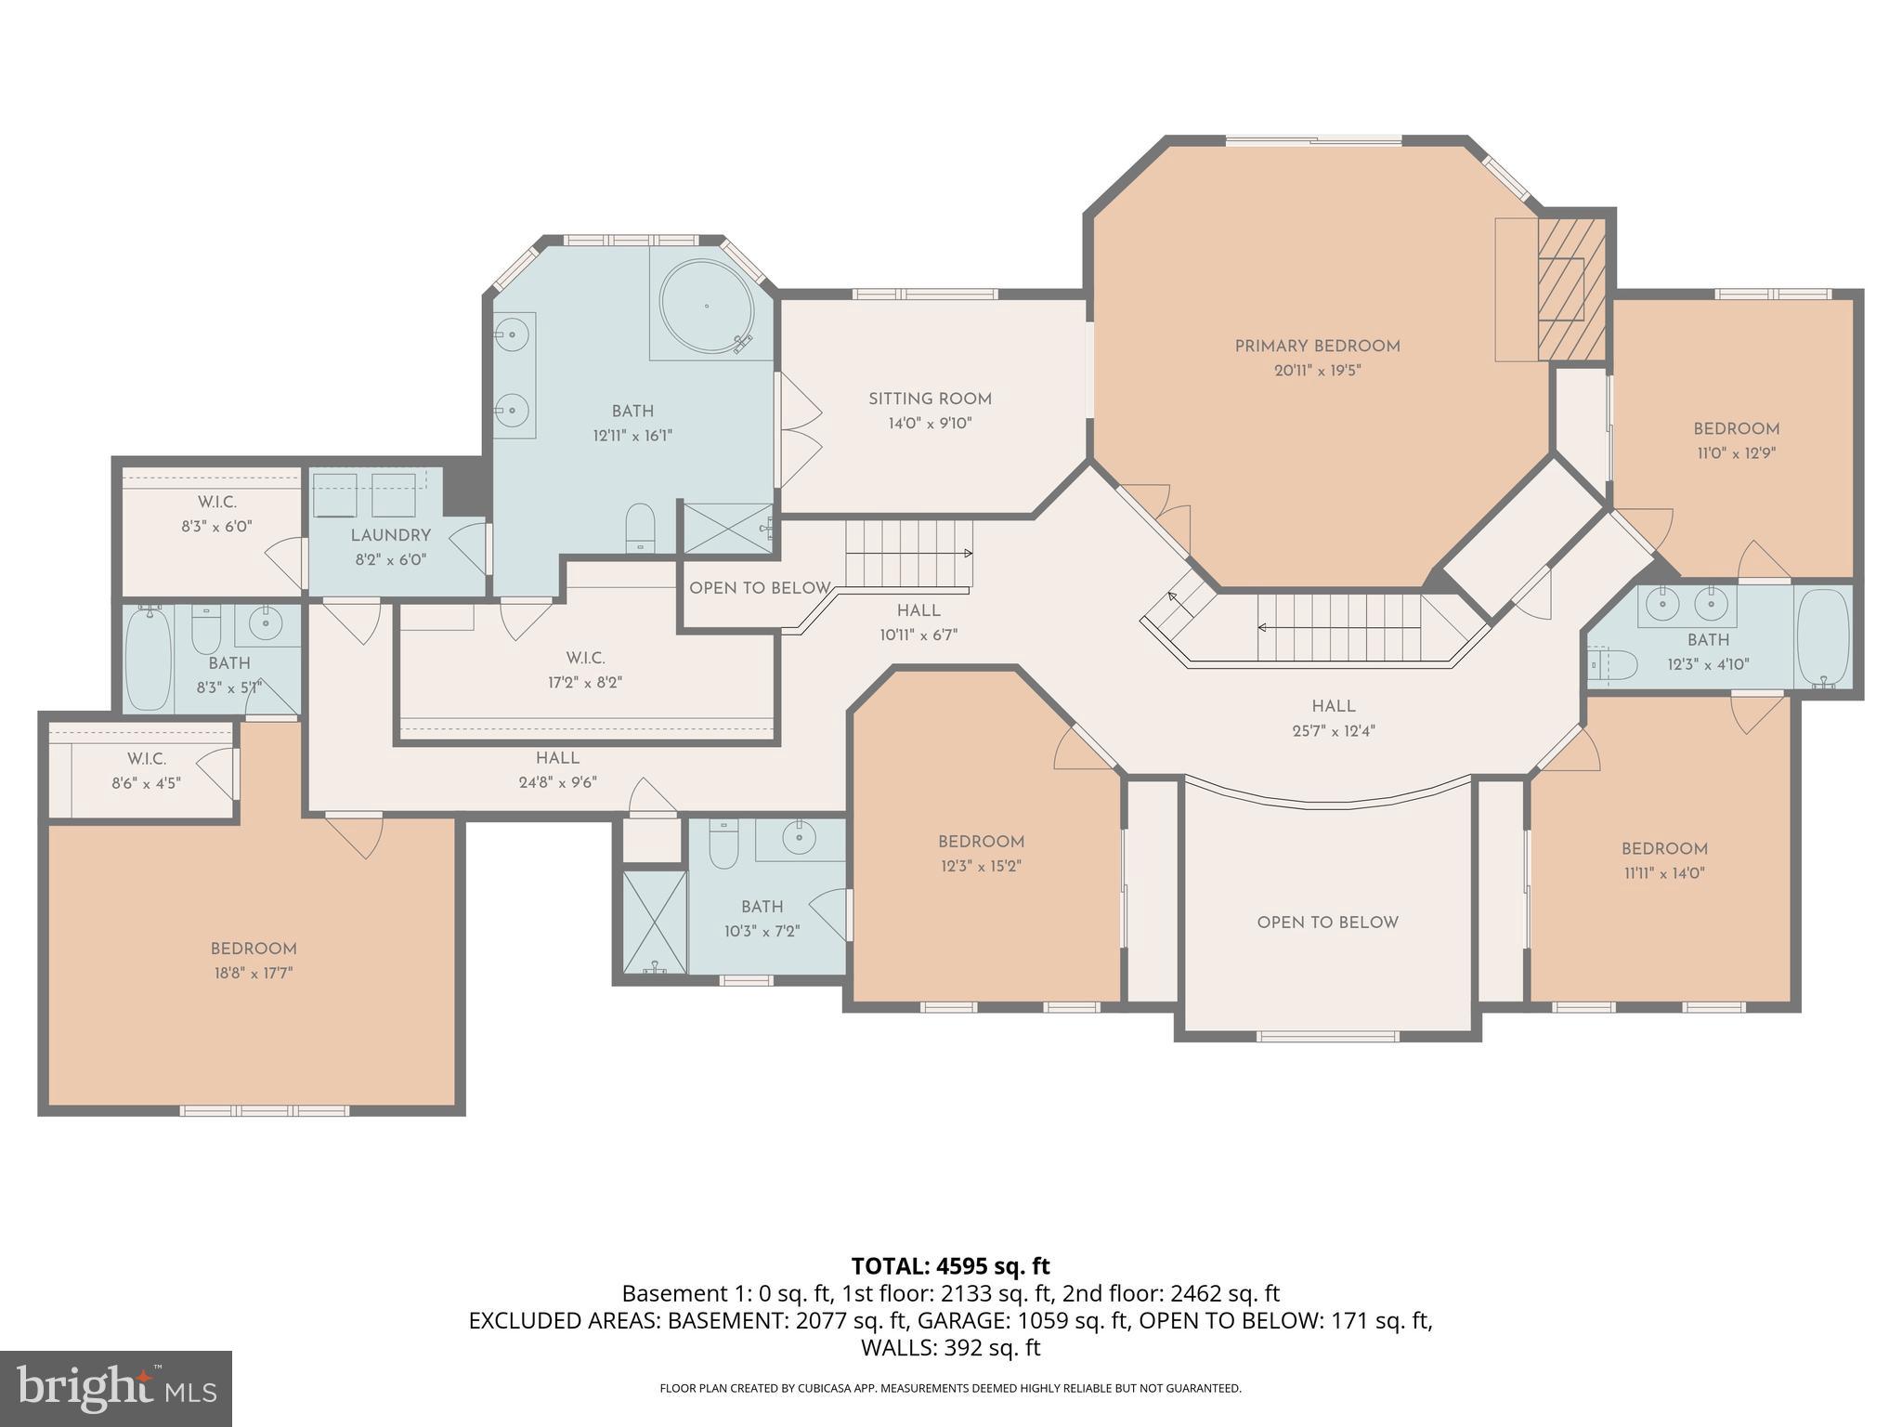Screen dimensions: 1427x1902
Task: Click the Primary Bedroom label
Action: pos(1317,347)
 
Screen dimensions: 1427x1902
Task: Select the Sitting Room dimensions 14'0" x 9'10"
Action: pos(930,424)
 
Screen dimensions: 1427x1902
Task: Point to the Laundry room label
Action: pos(390,536)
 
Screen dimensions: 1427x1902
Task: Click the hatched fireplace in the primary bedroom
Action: pos(1571,289)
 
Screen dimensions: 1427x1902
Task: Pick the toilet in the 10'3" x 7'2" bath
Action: pos(723,844)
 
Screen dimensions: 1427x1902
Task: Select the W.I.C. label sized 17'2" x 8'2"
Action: pos(585,659)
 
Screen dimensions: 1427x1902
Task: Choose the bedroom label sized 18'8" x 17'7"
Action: pos(253,949)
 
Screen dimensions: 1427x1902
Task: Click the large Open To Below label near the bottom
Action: pos(1327,923)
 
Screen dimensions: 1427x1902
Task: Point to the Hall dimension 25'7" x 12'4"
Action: pos(1333,731)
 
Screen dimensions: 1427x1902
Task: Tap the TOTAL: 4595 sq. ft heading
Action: pos(950,1266)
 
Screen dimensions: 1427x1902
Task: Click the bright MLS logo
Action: pos(116,1388)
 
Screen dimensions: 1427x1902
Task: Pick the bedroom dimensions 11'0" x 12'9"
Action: pos(1735,454)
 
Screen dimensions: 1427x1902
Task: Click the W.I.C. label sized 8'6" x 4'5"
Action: pos(147,759)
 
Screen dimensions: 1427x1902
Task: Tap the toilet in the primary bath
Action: pos(640,529)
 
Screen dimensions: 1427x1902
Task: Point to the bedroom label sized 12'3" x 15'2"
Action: pos(981,843)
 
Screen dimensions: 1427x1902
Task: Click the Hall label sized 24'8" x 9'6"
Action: pos(557,758)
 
